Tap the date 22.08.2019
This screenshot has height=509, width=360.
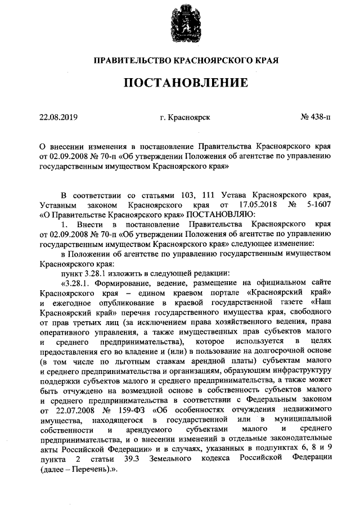[58, 118]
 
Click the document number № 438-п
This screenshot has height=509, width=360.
[316, 118]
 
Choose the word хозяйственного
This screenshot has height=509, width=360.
[242, 325]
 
